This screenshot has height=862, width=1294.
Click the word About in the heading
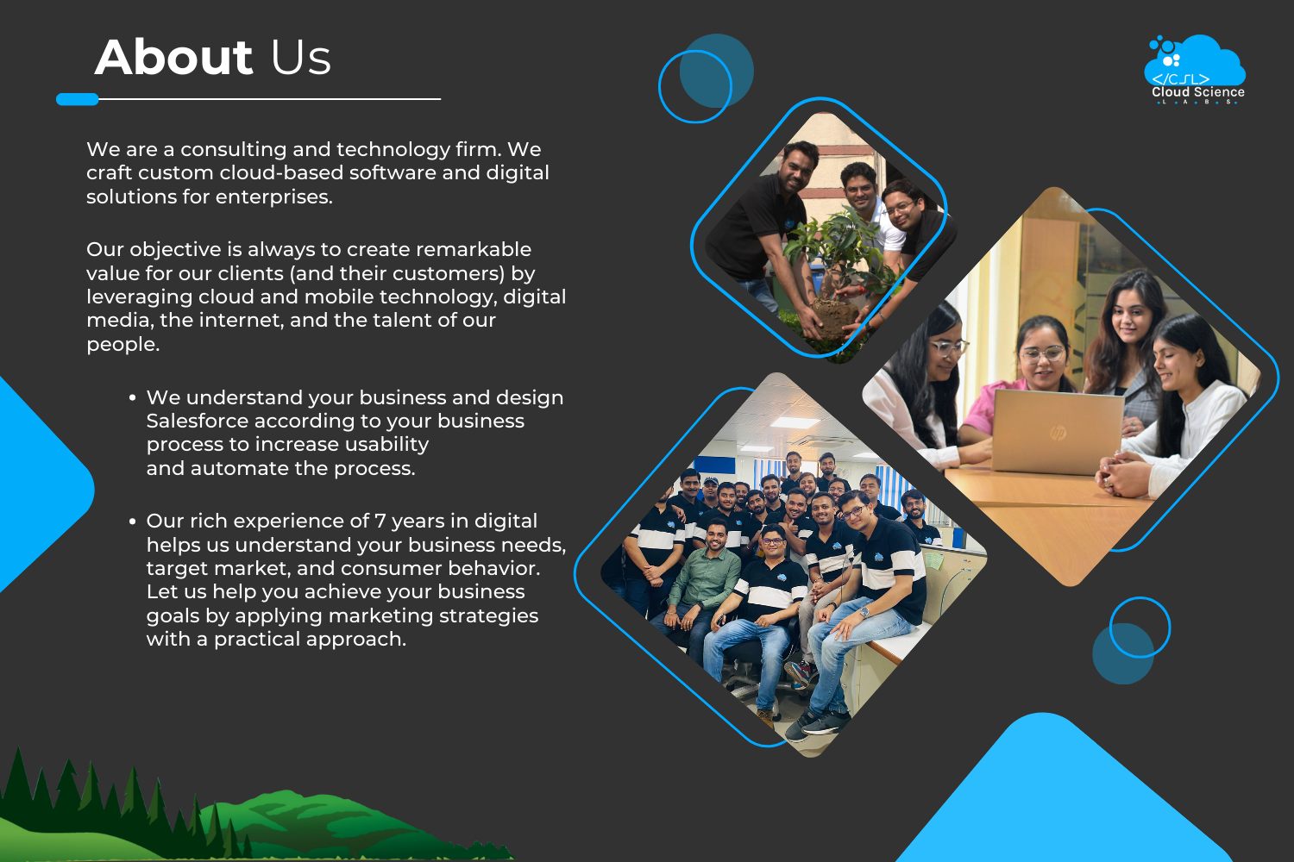pyautogui.click(x=174, y=57)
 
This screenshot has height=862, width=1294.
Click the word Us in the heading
pyautogui.click(x=301, y=58)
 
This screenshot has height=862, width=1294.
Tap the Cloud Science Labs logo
pyautogui.click(x=1195, y=70)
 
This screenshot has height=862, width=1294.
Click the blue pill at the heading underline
pyautogui.click(x=78, y=99)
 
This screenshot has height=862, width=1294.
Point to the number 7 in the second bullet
pyautogui.click(x=380, y=521)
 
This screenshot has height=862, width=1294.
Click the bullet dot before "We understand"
pyautogui.click(x=132, y=397)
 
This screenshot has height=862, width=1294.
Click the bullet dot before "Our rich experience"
pyautogui.click(x=132, y=522)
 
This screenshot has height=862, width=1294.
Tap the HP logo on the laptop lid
pyautogui.click(x=1058, y=433)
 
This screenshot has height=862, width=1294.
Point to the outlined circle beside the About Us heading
pyautogui.click(x=660, y=86)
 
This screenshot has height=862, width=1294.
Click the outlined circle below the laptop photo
pyautogui.click(x=1110, y=627)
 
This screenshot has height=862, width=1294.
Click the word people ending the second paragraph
pyautogui.click(x=122, y=345)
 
